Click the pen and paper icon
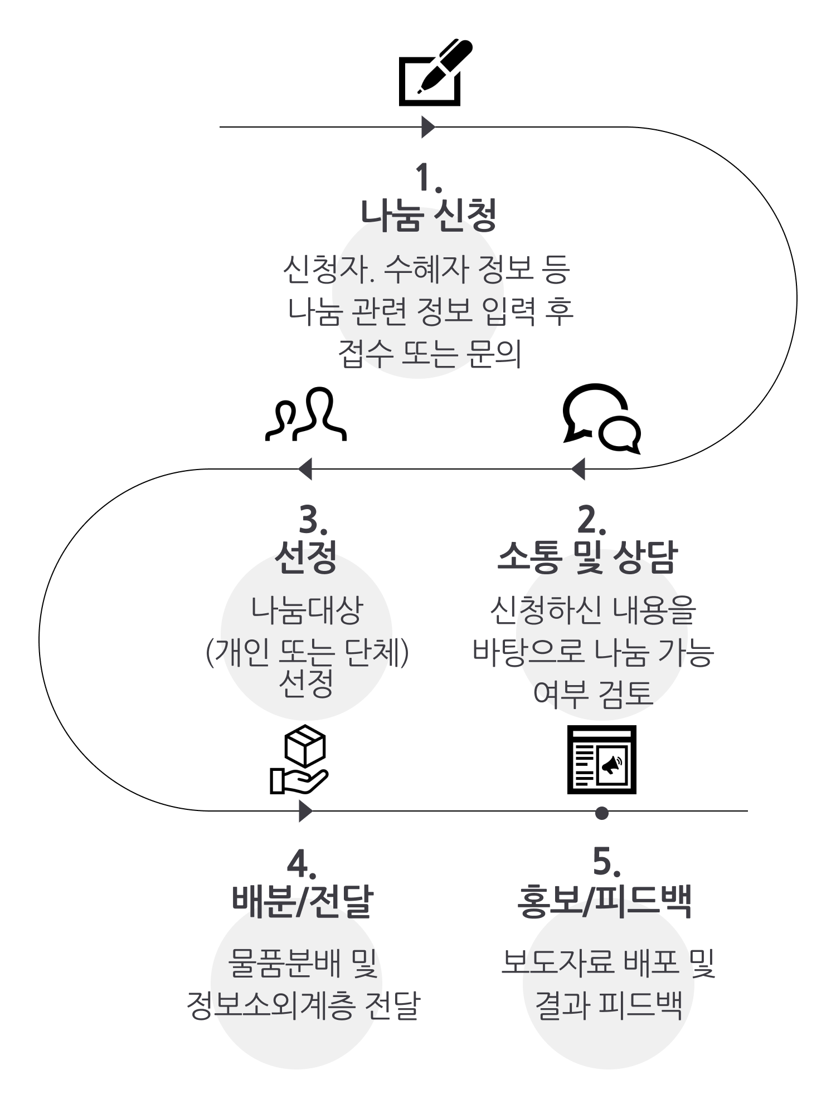click(435, 72)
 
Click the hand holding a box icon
click(299, 759)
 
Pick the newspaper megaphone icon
click(602, 759)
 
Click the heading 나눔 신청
click(429, 215)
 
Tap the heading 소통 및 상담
click(587, 557)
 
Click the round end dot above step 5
click(601, 813)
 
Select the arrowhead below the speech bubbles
click(578, 469)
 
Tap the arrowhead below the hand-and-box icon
click(306, 811)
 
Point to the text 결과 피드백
click(608, 1004)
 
